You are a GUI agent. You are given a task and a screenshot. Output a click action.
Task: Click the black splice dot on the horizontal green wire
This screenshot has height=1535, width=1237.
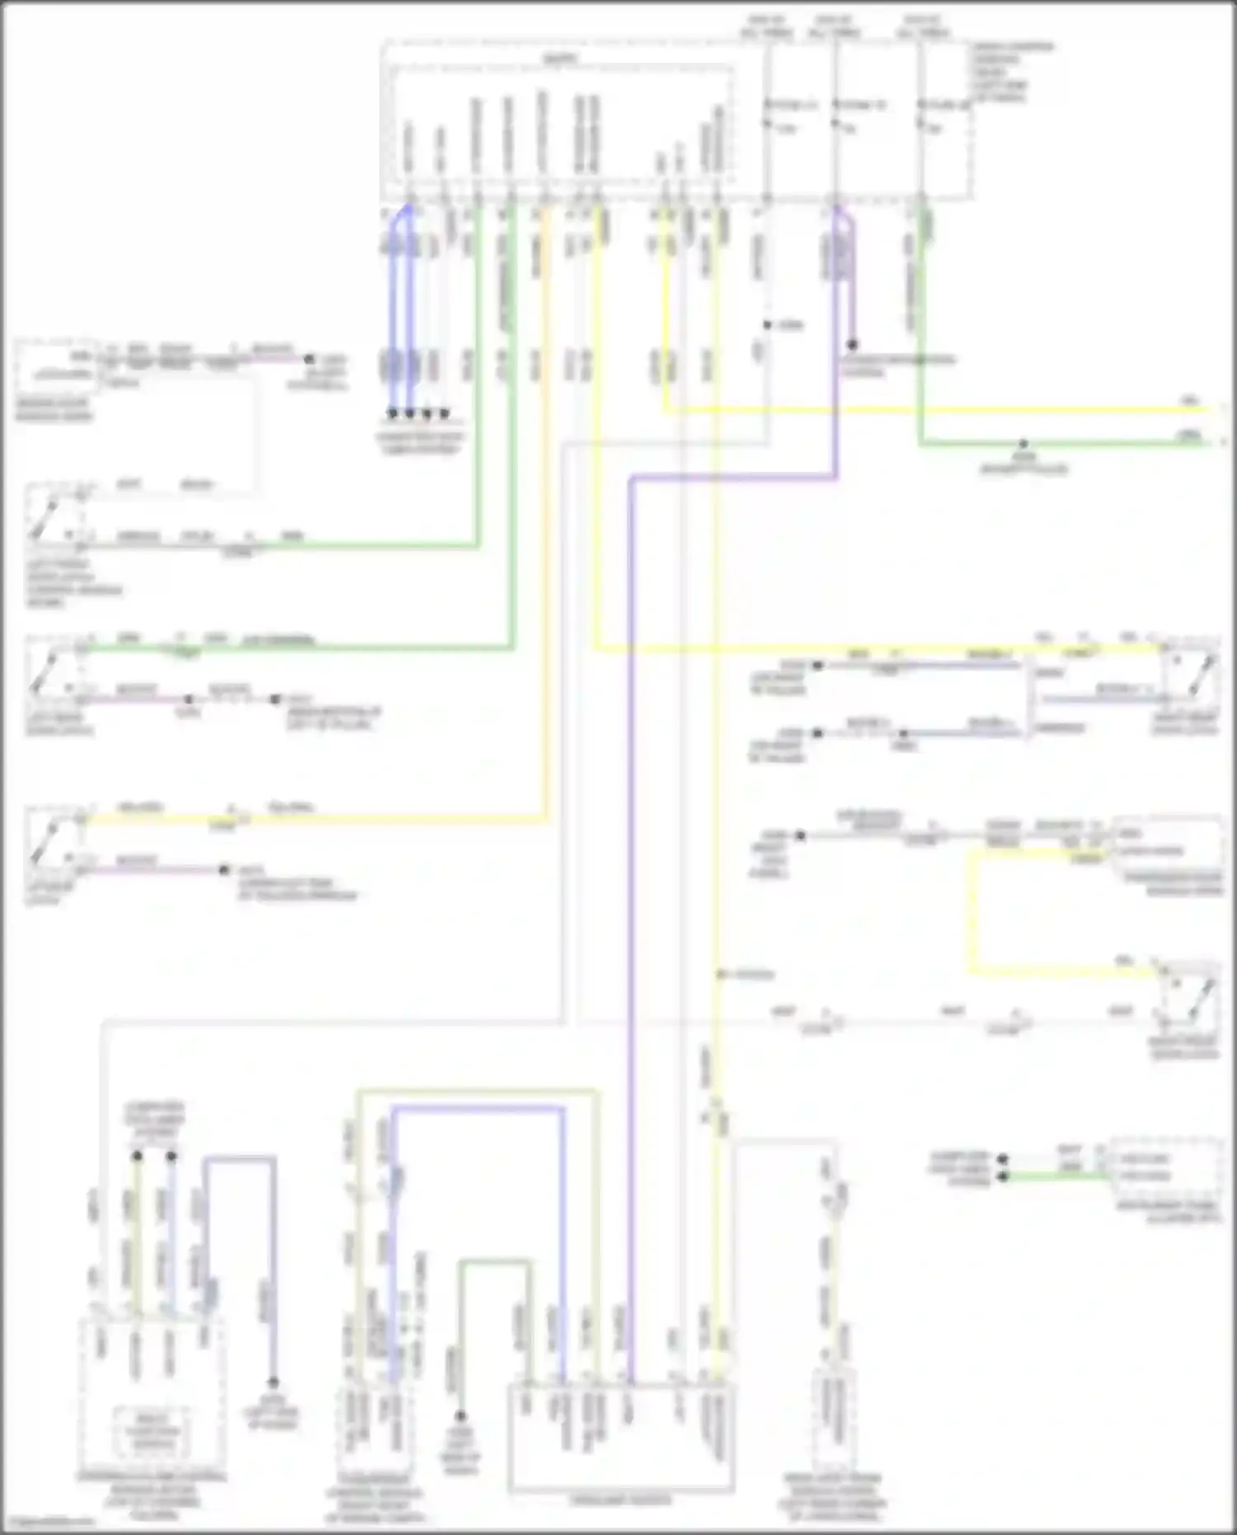(1023, 444)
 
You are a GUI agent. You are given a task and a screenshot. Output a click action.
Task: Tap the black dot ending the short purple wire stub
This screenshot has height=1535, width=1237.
(852, 345)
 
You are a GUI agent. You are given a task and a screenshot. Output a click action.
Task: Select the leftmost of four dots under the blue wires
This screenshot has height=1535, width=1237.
(393, 412)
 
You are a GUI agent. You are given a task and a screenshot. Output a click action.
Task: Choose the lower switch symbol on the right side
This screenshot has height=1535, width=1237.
(1190, 993)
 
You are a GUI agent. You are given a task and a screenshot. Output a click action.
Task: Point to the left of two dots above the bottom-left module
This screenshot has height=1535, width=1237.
(137, 1156)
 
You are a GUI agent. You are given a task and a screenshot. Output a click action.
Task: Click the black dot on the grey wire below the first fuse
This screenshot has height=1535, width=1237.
(767, 325)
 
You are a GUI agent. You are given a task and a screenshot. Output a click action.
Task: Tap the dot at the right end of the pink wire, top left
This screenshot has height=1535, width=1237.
(309, 360)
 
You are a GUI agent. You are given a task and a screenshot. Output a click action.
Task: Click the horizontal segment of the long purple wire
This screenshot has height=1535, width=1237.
(734, 478)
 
